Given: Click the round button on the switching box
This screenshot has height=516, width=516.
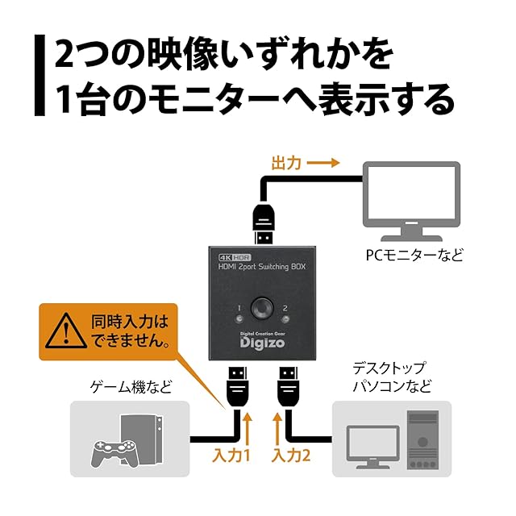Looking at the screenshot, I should click(260, 308).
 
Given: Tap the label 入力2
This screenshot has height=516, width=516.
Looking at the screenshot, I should click(291, 456).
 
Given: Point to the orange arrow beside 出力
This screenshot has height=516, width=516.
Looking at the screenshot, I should click(323, 163).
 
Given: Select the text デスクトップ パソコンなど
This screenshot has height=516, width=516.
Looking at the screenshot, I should click(393, 377).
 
